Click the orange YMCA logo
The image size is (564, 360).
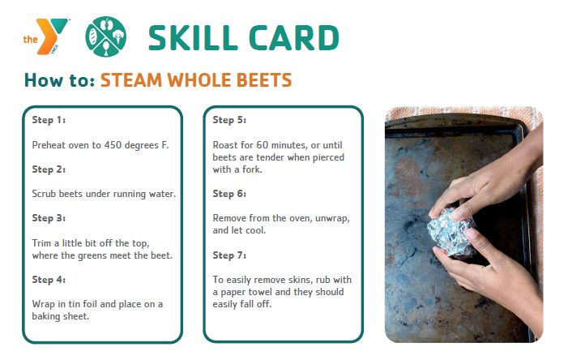point(45,36)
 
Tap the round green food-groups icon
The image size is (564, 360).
point(105,36)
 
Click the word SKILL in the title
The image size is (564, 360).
point(193,37)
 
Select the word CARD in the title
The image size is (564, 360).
point(294,37)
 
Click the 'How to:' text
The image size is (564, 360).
point(59,80)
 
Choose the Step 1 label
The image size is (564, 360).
point(49,120)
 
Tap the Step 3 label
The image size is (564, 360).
point(49,218)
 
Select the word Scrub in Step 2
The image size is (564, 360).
point(45,194)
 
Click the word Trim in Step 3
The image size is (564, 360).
point(41,243)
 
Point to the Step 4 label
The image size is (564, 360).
point(49,280)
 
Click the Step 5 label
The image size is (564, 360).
point(229,120)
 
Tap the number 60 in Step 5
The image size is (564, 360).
point(263,145)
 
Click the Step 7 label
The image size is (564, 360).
point(229,255)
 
